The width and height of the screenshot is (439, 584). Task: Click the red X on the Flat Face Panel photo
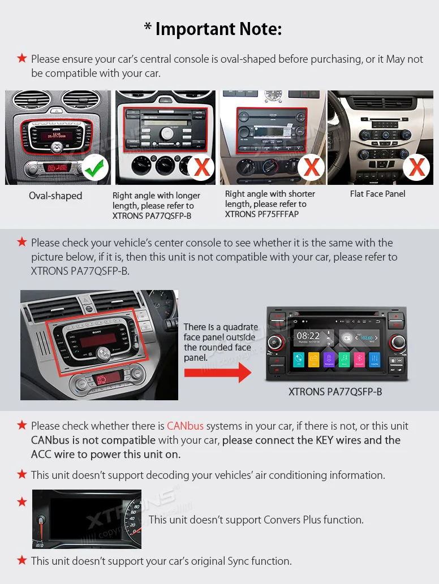(417, 167)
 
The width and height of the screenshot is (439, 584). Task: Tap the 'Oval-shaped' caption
(55, 196)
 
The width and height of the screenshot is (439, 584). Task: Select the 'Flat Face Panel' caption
(377, 194)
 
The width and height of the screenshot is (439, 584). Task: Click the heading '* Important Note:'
(213, 29)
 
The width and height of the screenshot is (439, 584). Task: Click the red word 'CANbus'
(185, 426)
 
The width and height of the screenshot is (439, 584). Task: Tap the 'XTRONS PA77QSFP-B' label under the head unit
(335, 391)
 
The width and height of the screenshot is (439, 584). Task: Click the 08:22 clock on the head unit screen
(308, 336)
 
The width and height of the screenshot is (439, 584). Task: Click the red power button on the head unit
(274, 342)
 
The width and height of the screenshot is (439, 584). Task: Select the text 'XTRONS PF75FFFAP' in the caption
(261, 214)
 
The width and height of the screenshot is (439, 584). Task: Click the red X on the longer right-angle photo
(202, 167)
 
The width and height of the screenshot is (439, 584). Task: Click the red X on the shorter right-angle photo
(311, 167)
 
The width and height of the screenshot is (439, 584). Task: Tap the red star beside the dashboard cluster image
(22, 501)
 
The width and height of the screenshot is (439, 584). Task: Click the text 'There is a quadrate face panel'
(221, 332)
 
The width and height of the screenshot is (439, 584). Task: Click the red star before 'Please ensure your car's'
(22, 58)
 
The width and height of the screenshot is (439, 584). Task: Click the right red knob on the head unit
(397, 342)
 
